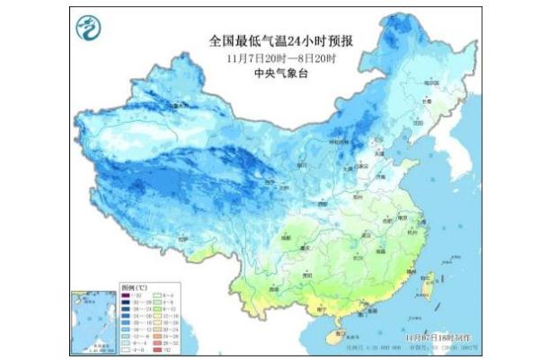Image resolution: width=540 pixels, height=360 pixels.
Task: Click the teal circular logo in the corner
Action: [88, 30]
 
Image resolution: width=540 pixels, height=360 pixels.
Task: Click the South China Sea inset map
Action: [93, 319]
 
